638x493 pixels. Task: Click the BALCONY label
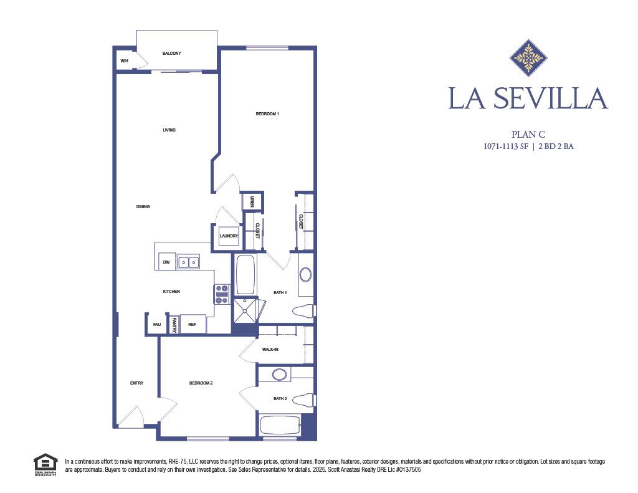point(171,54)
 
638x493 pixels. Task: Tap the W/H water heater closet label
point(124,61)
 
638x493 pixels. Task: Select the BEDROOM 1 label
point(267,114)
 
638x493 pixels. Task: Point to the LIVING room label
point(169,130)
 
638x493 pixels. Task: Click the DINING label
point(143,206)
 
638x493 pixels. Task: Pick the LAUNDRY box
point(229,236)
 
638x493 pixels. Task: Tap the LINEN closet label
point(252,201)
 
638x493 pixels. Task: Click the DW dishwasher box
point(166,262)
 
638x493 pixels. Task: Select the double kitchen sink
point(189,262)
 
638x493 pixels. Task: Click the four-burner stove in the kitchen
point(222,294)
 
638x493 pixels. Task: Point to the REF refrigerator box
point(193,324)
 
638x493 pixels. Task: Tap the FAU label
point(156,324)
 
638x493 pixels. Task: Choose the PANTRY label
point(174,325)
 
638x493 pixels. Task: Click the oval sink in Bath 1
point(305,275)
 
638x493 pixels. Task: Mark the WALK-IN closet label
point(270,350)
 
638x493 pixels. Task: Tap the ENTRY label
point(136,383)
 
